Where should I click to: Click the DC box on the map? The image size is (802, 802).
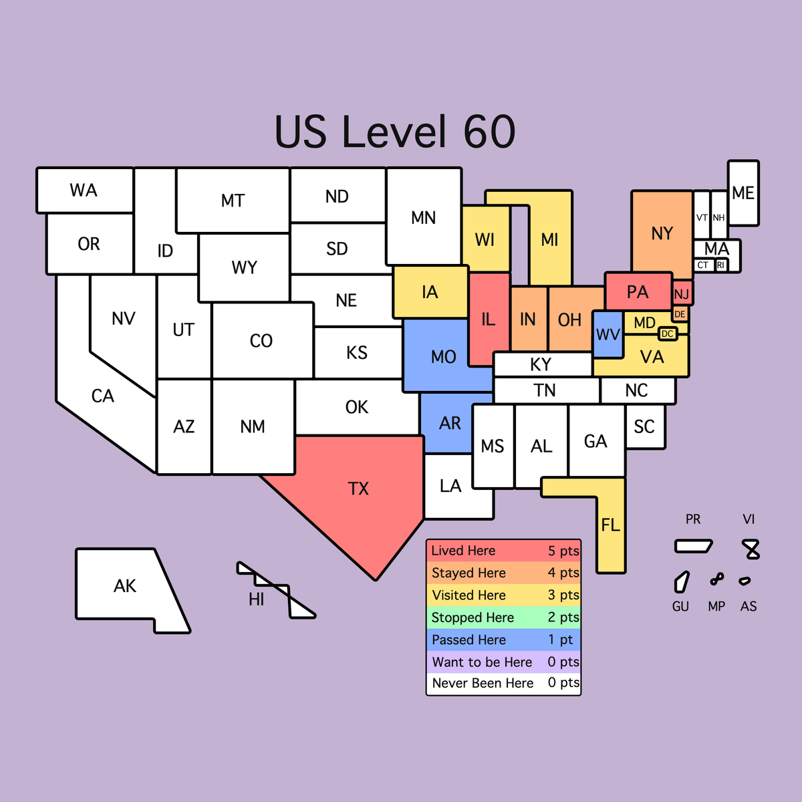668,333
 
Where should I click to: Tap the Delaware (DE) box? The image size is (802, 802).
680,314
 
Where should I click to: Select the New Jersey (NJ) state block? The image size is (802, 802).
682,294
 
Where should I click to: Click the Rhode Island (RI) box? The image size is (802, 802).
720,265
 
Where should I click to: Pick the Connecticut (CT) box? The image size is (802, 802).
703,265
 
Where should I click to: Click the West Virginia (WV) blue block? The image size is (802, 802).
608,333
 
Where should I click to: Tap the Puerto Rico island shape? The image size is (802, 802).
693,546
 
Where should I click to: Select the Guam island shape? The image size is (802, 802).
681,581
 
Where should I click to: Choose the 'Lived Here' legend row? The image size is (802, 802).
503,551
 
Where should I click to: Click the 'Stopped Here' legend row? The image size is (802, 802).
503,618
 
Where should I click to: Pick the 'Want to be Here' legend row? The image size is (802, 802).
503,662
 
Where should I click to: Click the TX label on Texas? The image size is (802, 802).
358,489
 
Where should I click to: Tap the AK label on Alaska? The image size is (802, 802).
125,586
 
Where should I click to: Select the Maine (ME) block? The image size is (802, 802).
743,192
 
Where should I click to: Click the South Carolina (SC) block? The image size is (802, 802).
644,426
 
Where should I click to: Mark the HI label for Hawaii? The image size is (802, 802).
257,599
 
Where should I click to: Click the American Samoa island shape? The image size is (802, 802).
745,581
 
